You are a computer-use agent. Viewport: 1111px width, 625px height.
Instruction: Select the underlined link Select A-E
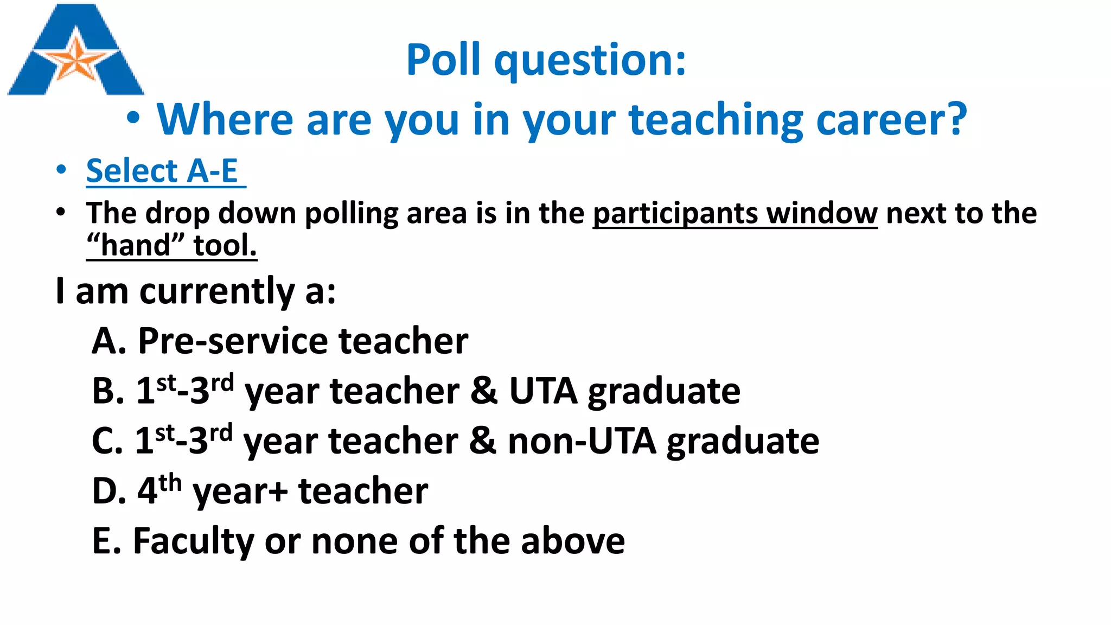point(162,171)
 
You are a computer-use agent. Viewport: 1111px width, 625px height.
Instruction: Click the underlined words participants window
point(735,213)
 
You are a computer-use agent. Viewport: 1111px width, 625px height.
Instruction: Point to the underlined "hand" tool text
point(171,245)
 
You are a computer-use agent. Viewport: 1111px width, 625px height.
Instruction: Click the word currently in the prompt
point(217,291)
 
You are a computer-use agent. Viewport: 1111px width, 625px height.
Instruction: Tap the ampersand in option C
point(482,441)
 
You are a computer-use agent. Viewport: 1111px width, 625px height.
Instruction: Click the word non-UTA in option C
point(582,441)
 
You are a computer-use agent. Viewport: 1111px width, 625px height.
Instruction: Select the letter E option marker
point(103,541)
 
